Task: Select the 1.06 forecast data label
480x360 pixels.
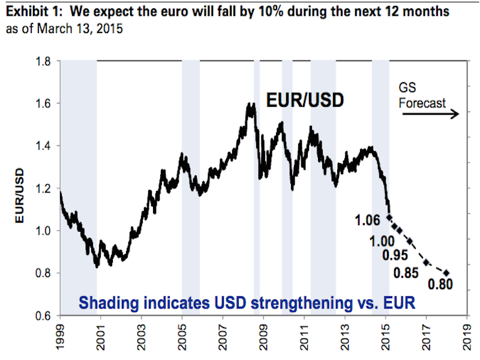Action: tap(368, 221)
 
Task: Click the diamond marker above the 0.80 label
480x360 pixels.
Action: tap(446, 273)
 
